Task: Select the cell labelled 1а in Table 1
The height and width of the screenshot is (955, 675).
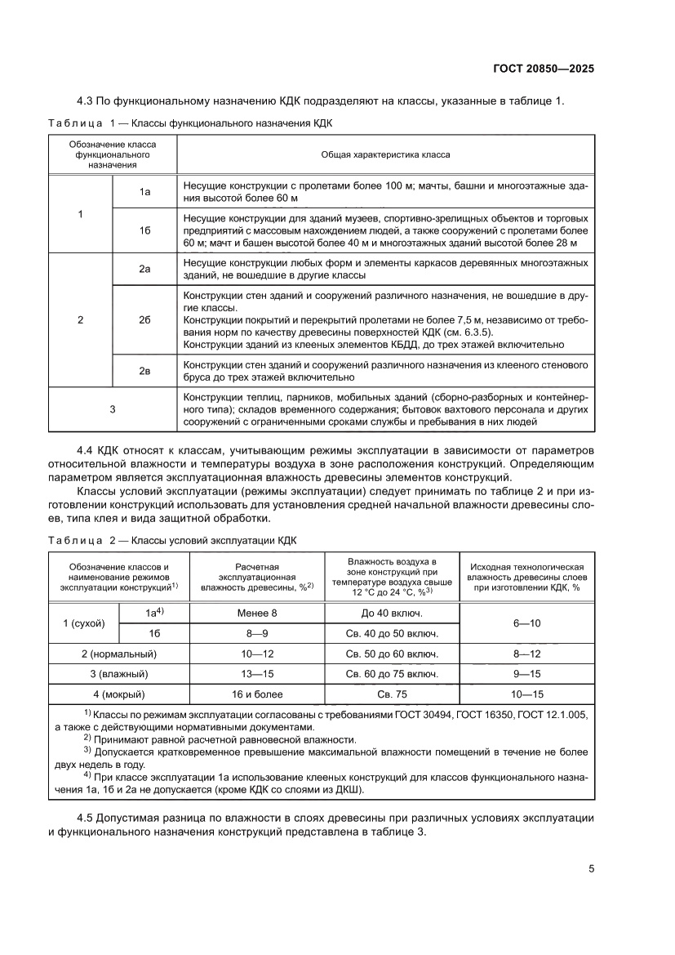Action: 144,191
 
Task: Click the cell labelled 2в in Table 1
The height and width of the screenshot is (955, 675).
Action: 144,371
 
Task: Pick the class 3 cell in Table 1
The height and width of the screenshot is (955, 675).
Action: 113,409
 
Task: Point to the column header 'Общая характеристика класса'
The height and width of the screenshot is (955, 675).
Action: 385,154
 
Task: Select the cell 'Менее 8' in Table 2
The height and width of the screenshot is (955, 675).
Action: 257,612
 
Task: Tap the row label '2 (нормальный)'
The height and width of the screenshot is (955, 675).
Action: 119,654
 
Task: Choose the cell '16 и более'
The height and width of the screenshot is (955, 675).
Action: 257,694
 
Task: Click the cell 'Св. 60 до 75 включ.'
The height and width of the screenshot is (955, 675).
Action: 392,674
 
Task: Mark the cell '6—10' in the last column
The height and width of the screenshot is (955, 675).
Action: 527,623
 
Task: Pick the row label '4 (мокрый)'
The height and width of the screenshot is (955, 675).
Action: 119,694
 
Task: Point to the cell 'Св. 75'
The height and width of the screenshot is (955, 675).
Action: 392,694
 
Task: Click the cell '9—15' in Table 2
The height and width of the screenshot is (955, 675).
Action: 527,674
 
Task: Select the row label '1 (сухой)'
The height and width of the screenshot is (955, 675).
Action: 85,623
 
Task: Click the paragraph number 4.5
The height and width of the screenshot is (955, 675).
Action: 86,818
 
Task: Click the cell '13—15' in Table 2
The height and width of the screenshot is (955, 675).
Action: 257,674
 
